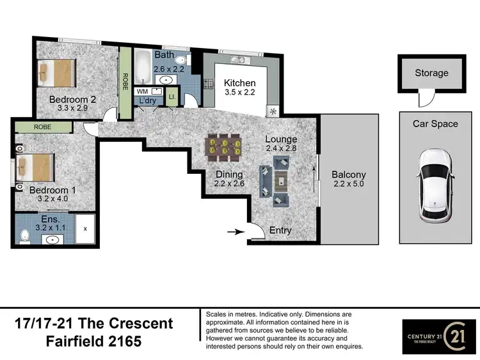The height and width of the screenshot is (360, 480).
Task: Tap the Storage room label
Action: (x=431, y=73)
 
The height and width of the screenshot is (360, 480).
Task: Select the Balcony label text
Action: (x=348, y=175)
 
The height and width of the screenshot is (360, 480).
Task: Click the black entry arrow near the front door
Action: (x=236, y=232)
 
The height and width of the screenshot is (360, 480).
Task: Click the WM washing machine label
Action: (x=142, y=91)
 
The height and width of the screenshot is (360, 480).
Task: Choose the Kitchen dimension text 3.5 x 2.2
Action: (x=239, y=93)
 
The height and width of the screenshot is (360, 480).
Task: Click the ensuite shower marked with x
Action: (x=86, y=229)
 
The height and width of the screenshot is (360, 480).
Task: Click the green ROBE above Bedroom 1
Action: (x=43, y=127)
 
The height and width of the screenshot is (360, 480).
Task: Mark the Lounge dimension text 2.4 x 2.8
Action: (x=282, y=149)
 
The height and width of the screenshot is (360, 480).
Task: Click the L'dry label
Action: (x=147, y=100)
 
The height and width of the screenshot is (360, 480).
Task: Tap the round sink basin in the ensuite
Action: (x=51, y=240)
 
